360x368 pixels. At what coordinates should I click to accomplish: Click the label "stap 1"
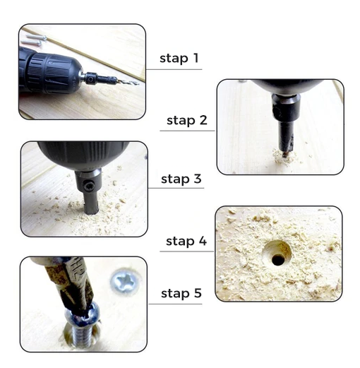[179, 59]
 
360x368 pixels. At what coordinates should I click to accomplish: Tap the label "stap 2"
[187, 120]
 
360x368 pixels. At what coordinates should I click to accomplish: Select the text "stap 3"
[181, 179]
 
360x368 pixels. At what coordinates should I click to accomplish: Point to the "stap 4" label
[186, 242]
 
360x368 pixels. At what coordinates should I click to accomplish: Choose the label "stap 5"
[181, 293]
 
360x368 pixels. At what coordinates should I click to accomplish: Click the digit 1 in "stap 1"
[196, 58]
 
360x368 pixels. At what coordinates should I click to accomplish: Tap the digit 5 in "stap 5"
[198, 293]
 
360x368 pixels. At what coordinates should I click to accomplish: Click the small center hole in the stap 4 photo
[278, 259]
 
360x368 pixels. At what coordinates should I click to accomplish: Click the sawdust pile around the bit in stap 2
[284, 156]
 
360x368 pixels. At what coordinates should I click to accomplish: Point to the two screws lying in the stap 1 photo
[34, 40]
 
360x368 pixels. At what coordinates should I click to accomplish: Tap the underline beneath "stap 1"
[174, 69]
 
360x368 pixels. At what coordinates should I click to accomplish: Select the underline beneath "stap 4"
[187, 251]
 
